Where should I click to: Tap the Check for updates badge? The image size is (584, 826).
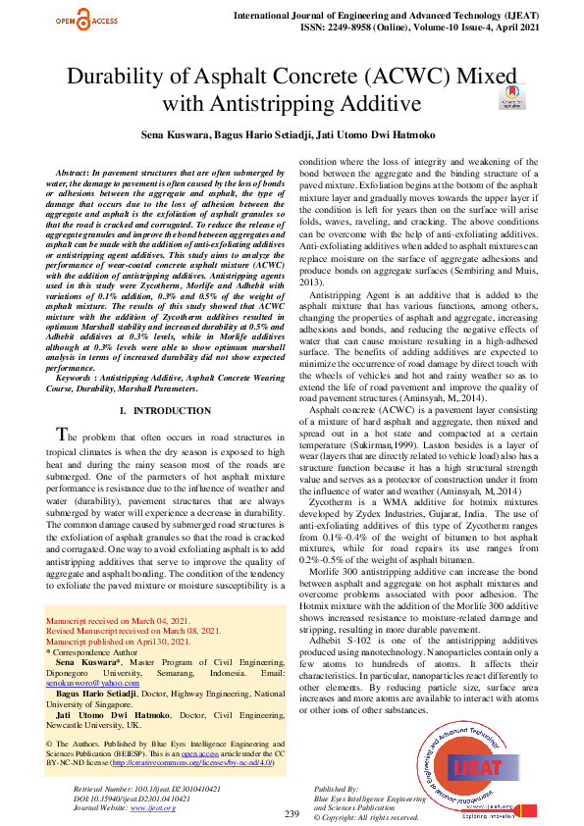pyautogui.click(x=511, y=96)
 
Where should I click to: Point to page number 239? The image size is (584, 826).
pyautogui.click(x=292, y=813)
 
